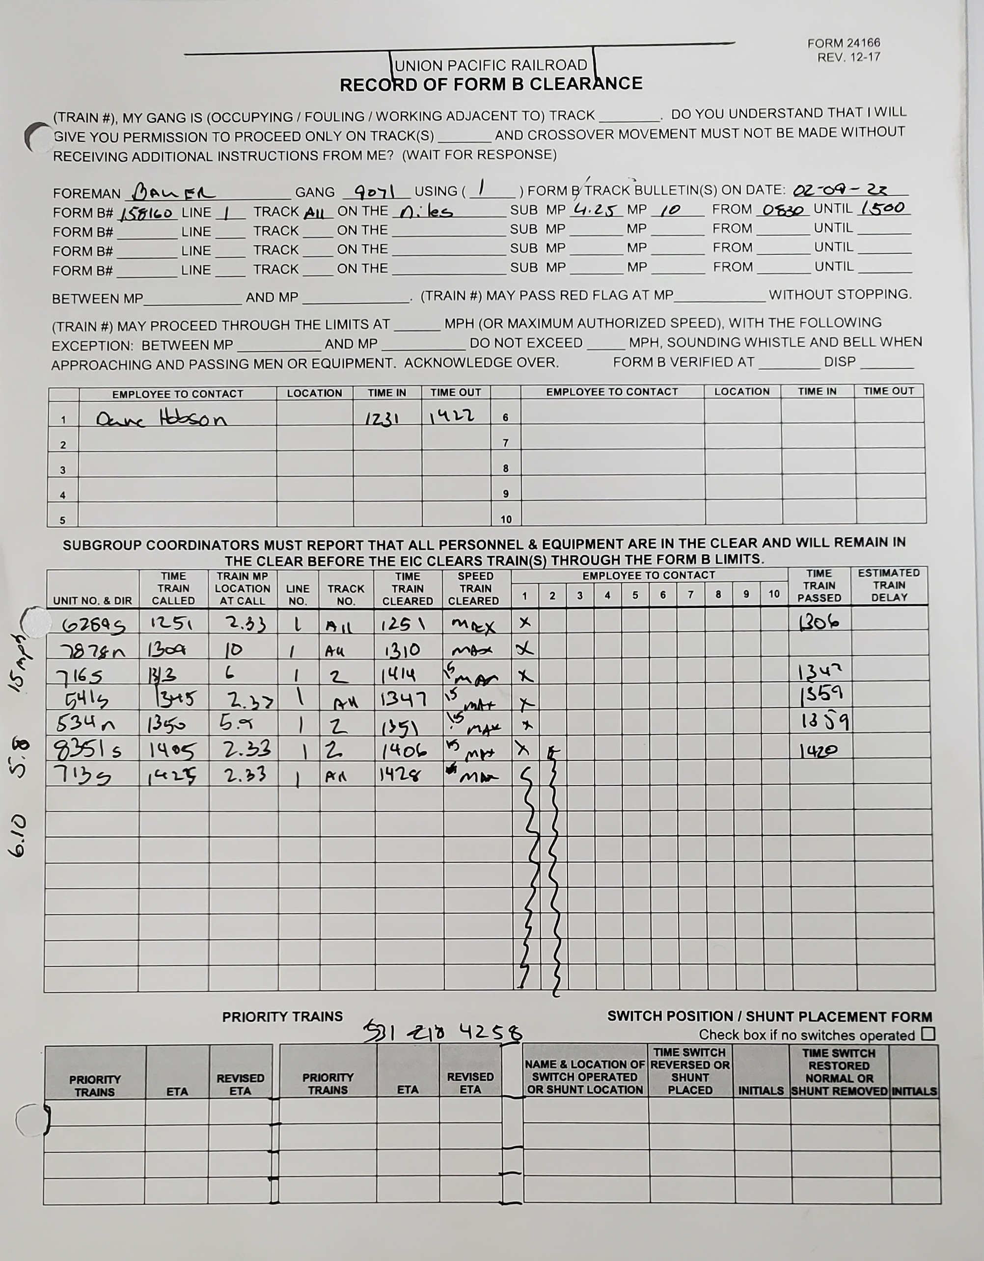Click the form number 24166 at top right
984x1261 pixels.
point(843,43)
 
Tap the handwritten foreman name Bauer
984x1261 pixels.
point(173,192)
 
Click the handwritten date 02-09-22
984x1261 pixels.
point(840,190)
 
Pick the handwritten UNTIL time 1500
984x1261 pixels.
point(883,208)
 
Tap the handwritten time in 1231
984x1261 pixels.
point(383,418)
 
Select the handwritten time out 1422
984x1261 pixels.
point(452,416)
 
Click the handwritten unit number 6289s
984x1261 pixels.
point(94,625)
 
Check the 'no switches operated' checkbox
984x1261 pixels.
point(928,1034)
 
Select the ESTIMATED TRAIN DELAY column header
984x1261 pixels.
point(888,585)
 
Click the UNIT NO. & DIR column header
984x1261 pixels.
point(92,601)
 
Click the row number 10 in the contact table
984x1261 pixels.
point(506,519)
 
